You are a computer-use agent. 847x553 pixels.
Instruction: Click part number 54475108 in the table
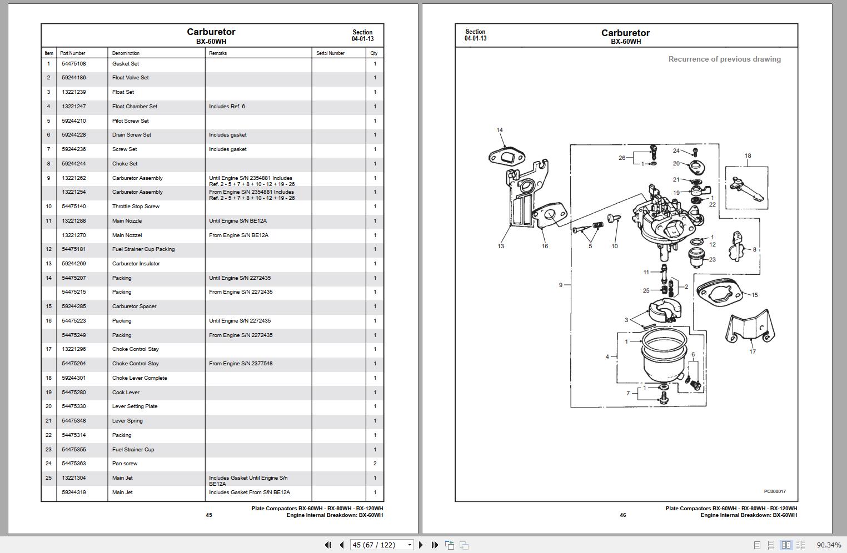[73, 64]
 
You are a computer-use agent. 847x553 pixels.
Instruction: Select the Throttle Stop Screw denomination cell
[136, 207]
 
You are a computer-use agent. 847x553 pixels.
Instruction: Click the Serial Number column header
[330, 53]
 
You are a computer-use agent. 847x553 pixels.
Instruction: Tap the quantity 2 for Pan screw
[375, 464]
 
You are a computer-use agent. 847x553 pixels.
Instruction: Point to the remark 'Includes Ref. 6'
[227, 107]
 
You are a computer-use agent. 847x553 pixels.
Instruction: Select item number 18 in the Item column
[48, 378]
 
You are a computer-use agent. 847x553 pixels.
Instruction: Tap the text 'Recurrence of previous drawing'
[724, 59]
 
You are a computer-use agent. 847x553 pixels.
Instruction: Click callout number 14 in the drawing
[499, 130]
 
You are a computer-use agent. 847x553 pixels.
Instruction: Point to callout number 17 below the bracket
[753, 351]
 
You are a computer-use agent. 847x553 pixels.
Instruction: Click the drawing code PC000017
[774, 491]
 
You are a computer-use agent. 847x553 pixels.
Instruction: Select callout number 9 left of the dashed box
[561, 285]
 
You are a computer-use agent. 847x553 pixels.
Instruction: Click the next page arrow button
[421, 545]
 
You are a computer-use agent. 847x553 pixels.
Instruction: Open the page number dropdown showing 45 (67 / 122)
[382, 545]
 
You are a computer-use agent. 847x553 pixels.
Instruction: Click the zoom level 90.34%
[829, 545]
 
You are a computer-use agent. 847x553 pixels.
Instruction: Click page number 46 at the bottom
[622, 515]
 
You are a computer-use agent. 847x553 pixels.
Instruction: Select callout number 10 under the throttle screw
[614, 246]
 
